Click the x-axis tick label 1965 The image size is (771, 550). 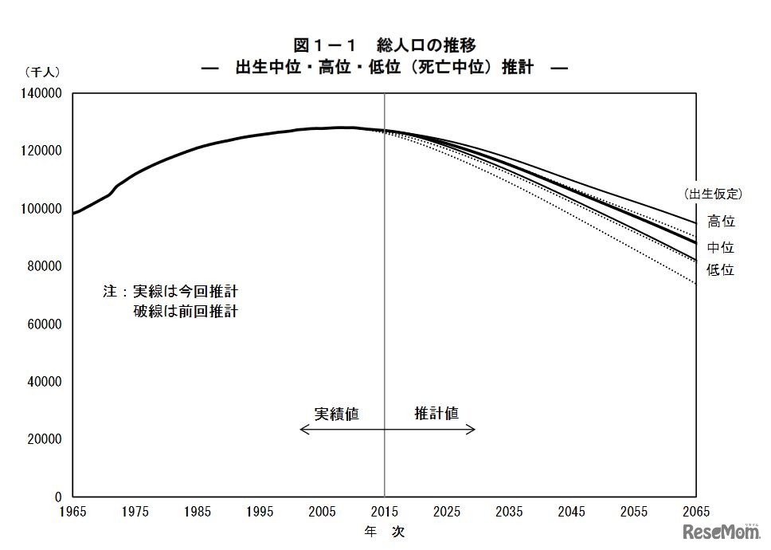pos(72,512)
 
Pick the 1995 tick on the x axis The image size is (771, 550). pos(260,512)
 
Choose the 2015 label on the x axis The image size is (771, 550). pos(385,512)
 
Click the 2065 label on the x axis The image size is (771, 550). pos(695,512)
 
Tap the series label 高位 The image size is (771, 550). pos(721,222)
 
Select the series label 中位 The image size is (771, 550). pos(721,248)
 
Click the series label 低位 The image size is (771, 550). pos(721,270)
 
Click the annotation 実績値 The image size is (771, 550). pos(336,414)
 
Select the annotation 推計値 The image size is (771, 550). pos(436,414)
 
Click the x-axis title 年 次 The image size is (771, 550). pos(385,531)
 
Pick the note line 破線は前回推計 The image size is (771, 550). pos(186,311)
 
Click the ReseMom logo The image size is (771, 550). pos(722,532)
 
